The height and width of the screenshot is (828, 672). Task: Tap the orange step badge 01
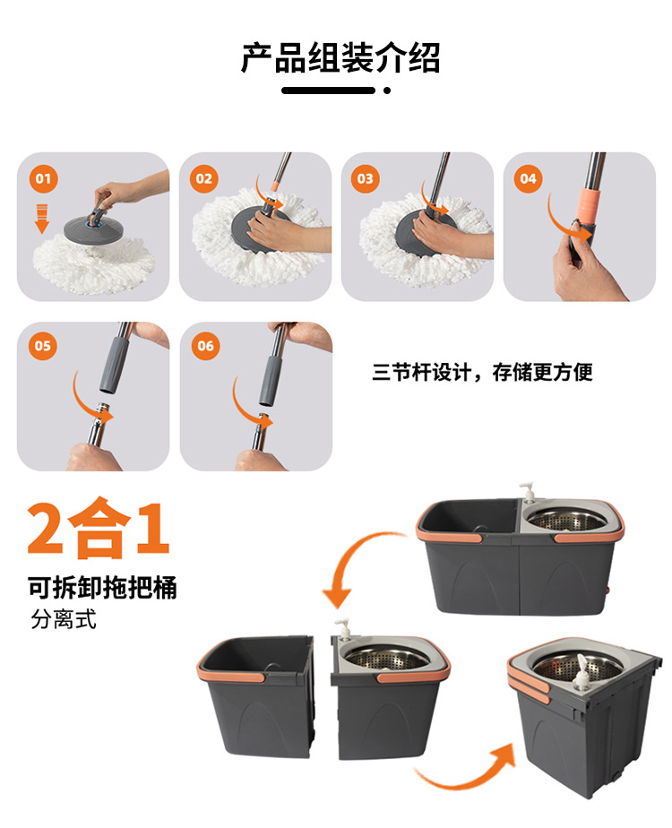coord(42,178)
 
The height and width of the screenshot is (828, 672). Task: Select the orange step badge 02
coord(204,178)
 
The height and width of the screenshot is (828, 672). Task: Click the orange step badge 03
coord(366,178)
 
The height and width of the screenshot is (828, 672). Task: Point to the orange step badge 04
coord(528,178)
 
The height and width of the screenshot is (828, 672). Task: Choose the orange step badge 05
coord(42,346)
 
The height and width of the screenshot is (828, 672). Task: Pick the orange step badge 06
coord(205,346)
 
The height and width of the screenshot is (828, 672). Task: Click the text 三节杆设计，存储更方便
coord(482,372)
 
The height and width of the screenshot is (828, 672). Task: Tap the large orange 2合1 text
coord(99,530)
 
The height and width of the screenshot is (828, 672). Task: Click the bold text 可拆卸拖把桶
coord(102,588)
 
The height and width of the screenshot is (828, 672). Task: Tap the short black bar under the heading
coord(328,91)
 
